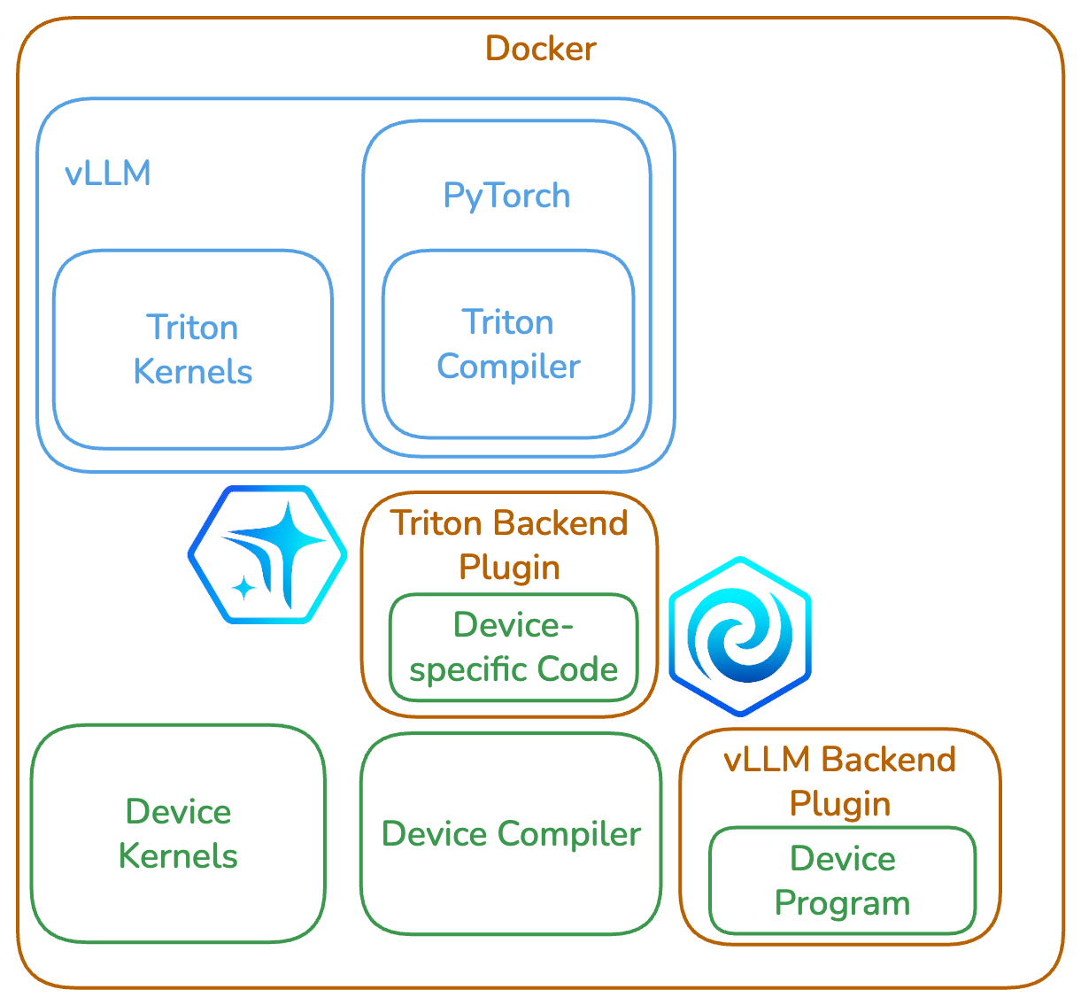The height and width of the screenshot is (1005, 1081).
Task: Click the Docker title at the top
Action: point(540,49)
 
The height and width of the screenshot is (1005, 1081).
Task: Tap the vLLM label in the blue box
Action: point(108,174)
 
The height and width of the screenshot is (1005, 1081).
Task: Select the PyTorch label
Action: point(506,196)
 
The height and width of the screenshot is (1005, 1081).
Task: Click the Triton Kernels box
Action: point(192,349)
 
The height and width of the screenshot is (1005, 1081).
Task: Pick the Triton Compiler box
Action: point(508,344)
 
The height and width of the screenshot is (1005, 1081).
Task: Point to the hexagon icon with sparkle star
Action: point(267,553)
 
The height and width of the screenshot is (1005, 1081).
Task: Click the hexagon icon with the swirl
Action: point(739,635)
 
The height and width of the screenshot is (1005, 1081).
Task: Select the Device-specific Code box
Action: point(513,647)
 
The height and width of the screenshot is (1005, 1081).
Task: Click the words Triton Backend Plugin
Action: point(509,545)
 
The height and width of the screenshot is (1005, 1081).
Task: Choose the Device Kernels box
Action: point(178,833)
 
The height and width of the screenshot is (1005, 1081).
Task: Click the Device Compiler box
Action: point(511,833)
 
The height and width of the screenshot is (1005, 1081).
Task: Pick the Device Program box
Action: point(842,880)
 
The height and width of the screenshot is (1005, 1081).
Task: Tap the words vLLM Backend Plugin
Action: point(840,781)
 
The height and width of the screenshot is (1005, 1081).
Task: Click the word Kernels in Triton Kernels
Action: point(192,372)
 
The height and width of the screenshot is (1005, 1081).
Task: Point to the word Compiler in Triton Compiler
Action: point(508,367)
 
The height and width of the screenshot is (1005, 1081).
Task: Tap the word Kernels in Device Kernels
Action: point(178,856)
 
